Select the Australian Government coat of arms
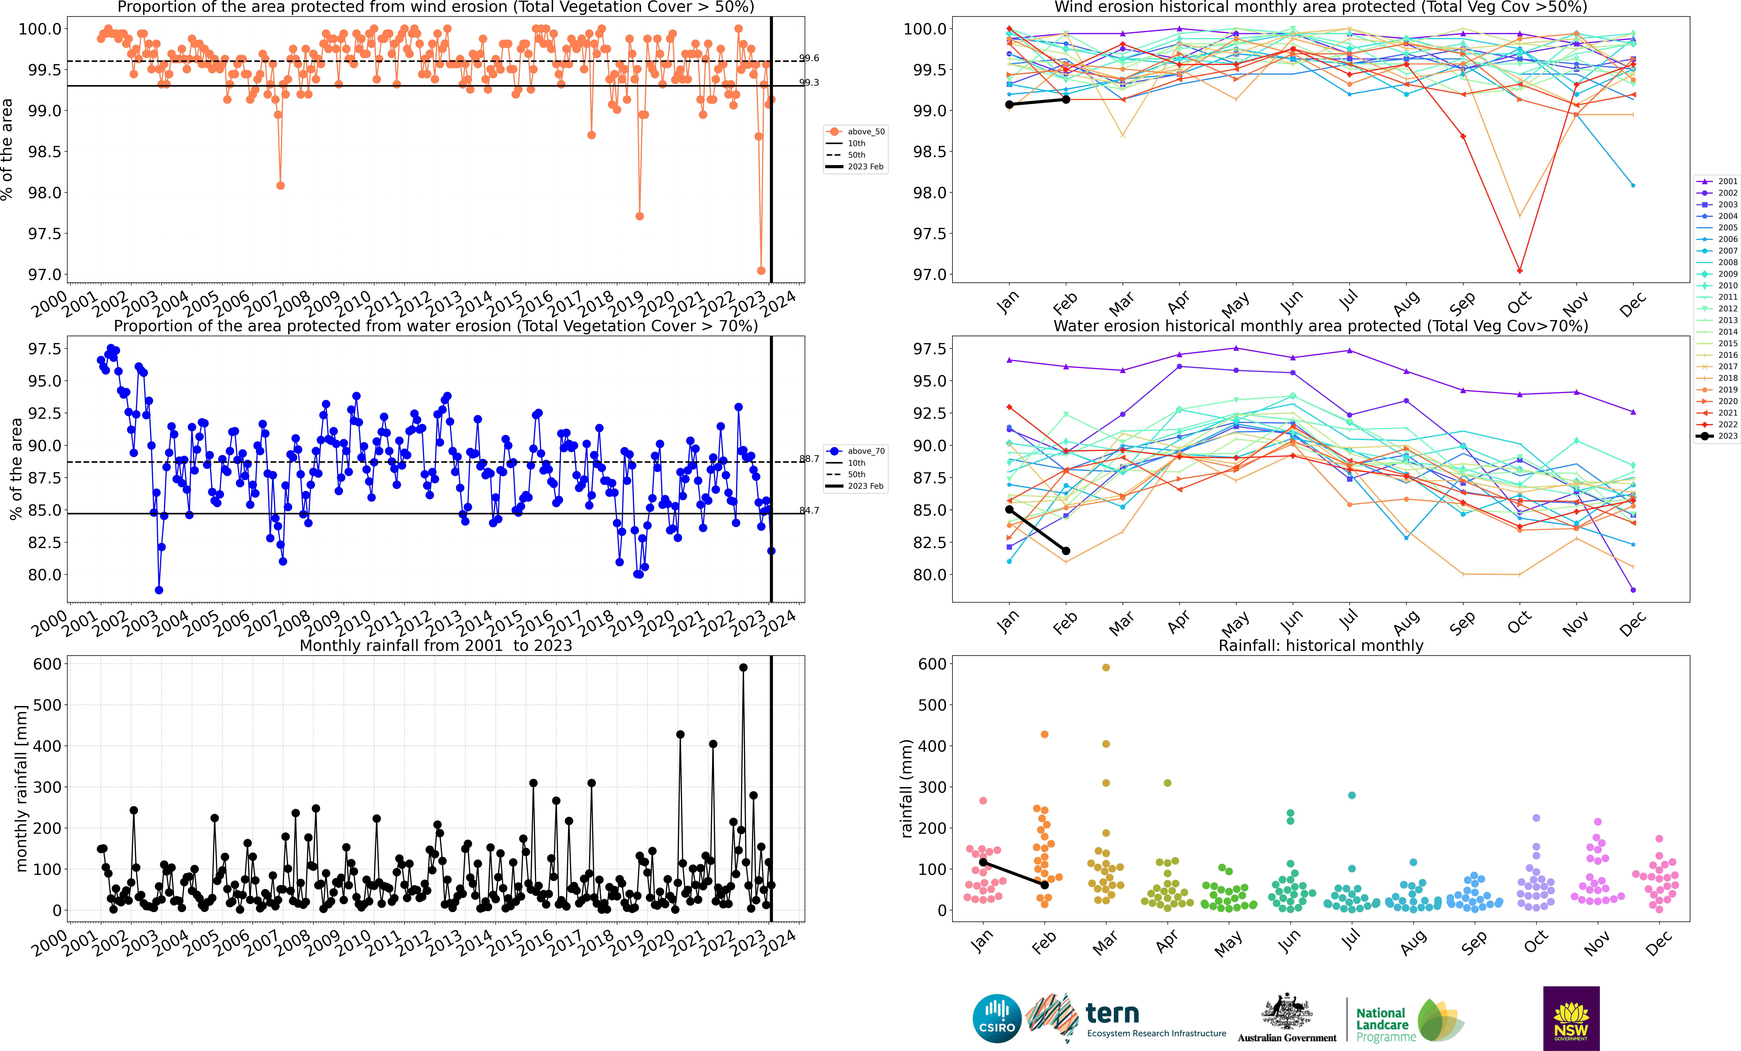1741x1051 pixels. pos(1287,1012)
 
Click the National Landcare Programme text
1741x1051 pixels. pos(1385,1025)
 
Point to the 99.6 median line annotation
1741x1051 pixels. pos(809,58)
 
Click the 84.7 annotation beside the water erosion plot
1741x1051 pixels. pos(809,510)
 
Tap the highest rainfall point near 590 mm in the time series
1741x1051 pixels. pos(743,667)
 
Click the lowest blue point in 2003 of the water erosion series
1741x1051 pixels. pos(159,590)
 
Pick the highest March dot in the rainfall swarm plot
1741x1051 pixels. pos(1106,667)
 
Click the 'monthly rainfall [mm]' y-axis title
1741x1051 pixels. pos(21,788)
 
